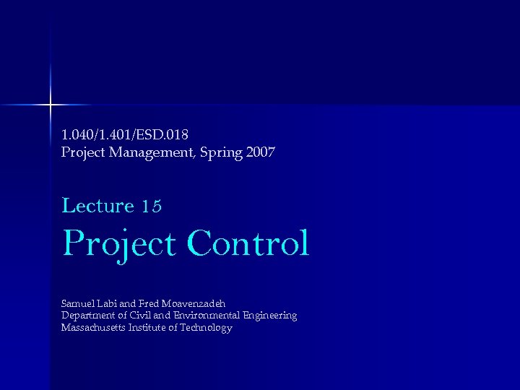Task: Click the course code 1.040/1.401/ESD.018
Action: coord(125,134)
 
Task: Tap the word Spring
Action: coord(217,152)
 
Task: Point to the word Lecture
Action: coord(98,206)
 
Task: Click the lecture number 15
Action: coord(152,207)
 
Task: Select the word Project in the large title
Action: coord(119,244)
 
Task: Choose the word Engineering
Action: coord(270,316)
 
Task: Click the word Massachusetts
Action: coord(92,328)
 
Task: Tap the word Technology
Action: coord(207,329)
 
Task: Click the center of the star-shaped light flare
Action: coord(51,105)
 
